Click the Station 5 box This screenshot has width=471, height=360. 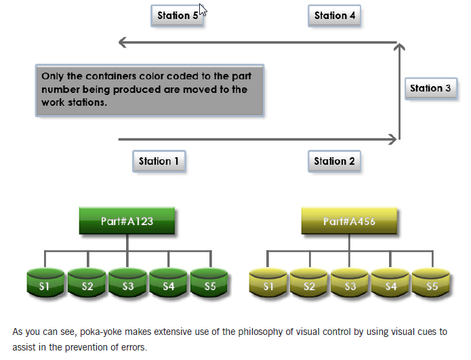point(178,16)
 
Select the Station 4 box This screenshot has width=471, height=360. point(334,16)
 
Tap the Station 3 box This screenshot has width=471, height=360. point(431,89)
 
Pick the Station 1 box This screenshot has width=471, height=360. point(159,161)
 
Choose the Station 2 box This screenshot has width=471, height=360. point(334,161)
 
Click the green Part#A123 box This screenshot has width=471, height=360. point(127,221)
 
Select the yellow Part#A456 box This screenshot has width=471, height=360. point(349,221)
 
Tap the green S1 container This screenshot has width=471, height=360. point(45,283)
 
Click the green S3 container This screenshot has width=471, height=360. point(127,283)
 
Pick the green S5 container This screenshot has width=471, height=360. point(209,283)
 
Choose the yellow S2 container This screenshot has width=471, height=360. point(309,283)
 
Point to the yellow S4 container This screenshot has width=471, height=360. point(390,283)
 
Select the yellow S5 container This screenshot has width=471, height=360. point(431,283)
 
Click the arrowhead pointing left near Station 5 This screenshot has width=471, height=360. point(122,42)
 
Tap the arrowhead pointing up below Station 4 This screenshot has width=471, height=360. point(399,46)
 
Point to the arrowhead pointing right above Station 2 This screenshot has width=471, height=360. point(393,139)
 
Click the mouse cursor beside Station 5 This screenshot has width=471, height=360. point(203,9)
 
